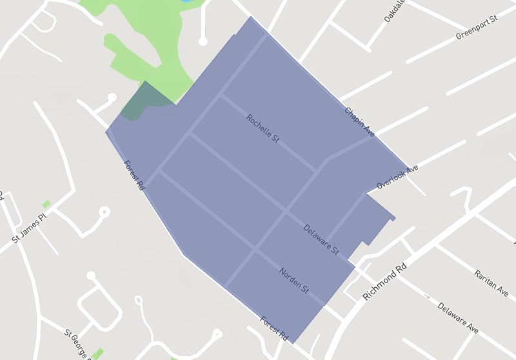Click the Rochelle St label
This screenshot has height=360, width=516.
tap(262, 128)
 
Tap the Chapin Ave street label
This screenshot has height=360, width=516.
tap(359, 121)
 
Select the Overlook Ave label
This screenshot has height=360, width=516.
tap(397, 177)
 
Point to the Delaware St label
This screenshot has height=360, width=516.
tap(321, 238)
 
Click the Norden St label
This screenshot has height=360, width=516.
tap(293, 281)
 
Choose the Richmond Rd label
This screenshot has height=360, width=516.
tap(386, 281)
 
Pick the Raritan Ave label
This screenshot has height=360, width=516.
tap(491, 283)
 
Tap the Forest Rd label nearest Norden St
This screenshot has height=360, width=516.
tap(273, 328)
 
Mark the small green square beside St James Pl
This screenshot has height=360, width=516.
tap(46, 204)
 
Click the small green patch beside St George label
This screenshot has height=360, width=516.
tap(97, 354)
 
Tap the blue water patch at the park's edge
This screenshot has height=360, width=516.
tap(186, 1)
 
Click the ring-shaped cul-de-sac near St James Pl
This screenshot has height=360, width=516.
tap(104, 212)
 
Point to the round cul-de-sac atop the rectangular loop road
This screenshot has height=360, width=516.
tap(92, 276)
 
